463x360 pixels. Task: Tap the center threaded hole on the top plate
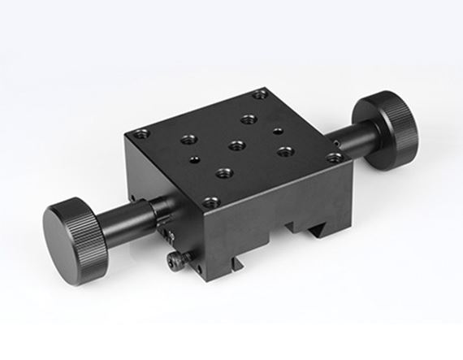237,146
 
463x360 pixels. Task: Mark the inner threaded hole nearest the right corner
284,150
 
